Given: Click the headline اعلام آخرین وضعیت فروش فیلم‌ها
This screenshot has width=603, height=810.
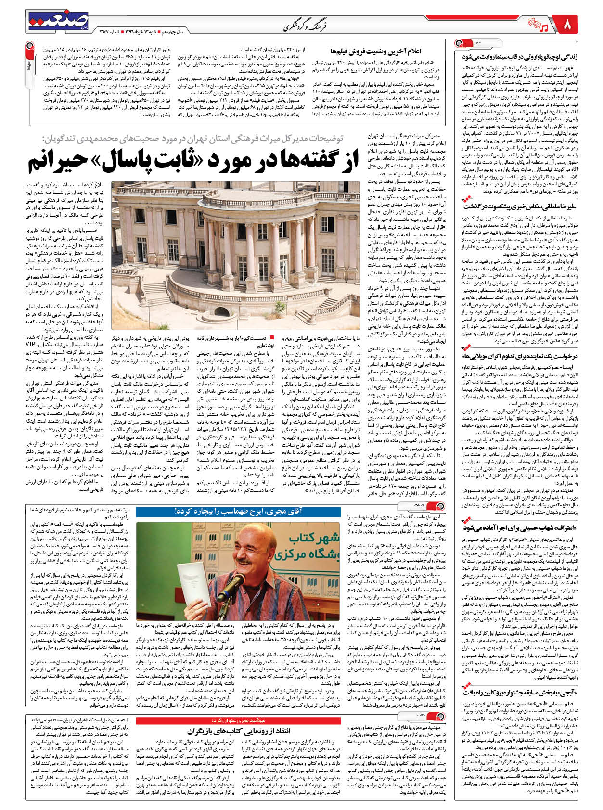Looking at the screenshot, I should click(376, 50).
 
